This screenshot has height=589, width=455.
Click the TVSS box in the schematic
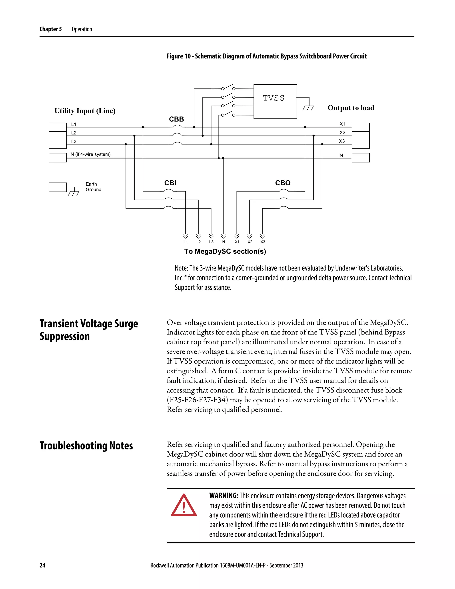275,101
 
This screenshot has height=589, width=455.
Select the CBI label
170,183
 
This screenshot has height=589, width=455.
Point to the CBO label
283,183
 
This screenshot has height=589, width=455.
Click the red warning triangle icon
184,506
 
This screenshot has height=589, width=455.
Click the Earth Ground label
93,187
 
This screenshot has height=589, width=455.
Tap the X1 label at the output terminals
342,124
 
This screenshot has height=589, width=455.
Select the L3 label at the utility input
74,141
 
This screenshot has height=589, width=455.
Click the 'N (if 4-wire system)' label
91,154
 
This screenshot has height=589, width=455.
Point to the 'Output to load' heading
351,108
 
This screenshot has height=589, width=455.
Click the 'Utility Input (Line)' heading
85,111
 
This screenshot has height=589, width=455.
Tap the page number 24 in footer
42,565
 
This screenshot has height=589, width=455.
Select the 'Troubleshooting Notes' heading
86,446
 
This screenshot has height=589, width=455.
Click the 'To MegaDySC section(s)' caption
225,251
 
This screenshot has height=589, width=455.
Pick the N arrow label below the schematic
224,242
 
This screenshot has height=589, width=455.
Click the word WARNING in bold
224,496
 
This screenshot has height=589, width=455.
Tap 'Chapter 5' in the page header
51,29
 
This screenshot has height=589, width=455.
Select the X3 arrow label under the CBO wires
263,242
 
